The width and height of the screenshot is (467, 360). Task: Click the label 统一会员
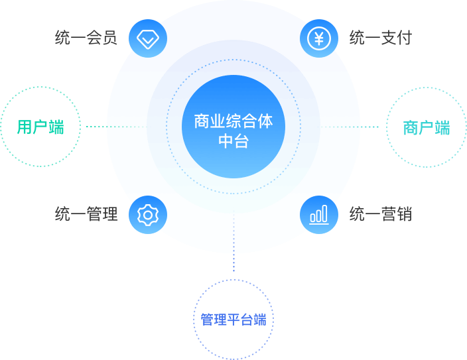(86, 38)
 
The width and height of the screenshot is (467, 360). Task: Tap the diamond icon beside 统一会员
(147, 38)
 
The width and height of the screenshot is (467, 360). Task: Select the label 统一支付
(380, 38)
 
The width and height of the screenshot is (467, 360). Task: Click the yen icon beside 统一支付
(319, 38)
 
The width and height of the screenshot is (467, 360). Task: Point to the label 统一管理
(86, 214)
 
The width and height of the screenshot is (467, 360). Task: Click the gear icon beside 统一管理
(147, 214)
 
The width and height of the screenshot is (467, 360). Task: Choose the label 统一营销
(380, 214)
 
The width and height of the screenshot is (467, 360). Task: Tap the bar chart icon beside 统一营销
(319, 214)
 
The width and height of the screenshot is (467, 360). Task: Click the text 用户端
(40, 127)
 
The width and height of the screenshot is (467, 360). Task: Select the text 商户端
(427, 127)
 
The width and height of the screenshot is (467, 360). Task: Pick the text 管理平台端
(233, 320)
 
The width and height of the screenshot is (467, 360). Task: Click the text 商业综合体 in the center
(233, 122)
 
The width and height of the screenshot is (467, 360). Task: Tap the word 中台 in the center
(233, 141)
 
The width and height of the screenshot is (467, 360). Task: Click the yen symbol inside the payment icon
(319, 38)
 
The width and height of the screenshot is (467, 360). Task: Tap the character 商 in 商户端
(411, 127)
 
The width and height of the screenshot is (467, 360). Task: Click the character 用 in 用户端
(25, 127)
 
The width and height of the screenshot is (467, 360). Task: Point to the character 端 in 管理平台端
(260, 320)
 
